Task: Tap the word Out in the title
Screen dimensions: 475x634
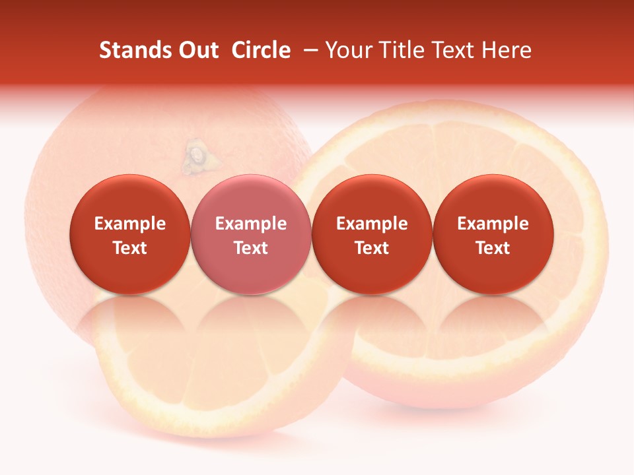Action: pos(196,50)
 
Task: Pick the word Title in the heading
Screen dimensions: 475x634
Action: pos(400,50)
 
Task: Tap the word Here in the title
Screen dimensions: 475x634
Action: pos(507,50)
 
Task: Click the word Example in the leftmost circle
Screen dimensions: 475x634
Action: pos(130,224)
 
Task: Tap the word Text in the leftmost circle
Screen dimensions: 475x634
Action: pos(130,248)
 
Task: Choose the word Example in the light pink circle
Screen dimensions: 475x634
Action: pos(251,224)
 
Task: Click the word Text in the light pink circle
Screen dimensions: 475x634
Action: pos(251,248)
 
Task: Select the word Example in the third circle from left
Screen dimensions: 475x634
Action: pos(372,224)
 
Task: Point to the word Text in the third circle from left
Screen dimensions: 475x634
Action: pos(372,248)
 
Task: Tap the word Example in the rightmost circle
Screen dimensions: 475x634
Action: pos(493,224)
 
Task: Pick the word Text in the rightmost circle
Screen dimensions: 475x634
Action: pos(493,248)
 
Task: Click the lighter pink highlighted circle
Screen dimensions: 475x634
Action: pos(251,198)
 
